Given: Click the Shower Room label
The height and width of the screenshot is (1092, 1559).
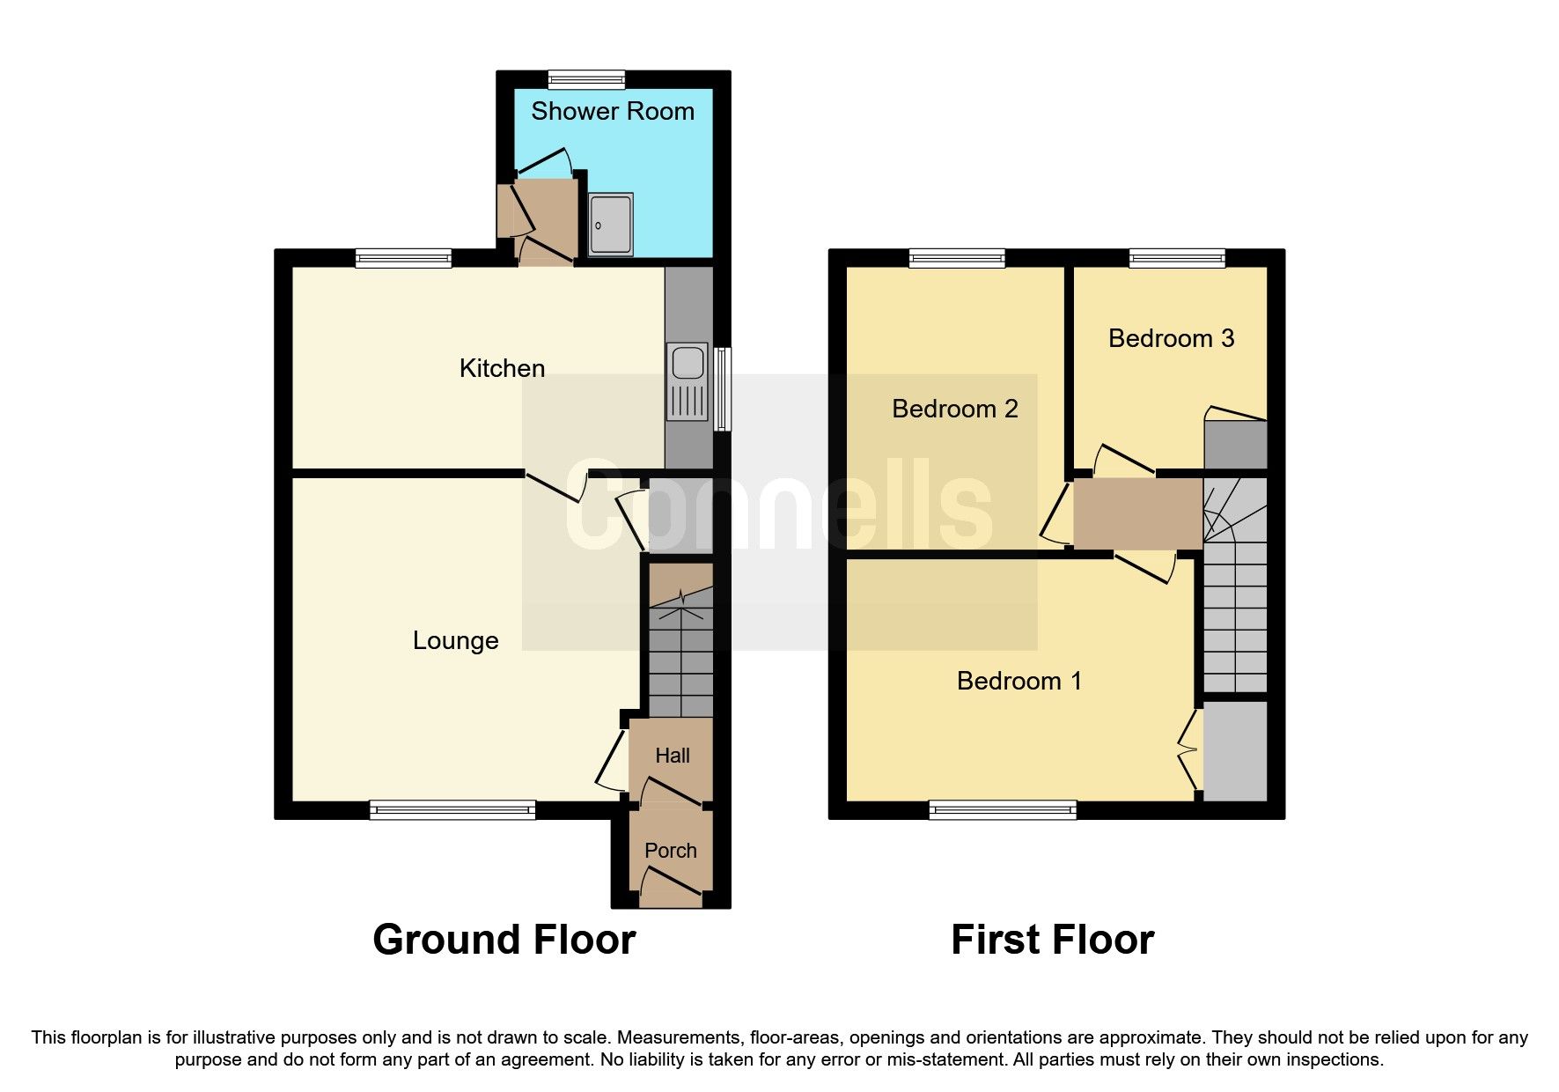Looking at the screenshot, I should (x=612, y=111).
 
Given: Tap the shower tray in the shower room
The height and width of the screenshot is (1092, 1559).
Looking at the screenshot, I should (x=610, y=225).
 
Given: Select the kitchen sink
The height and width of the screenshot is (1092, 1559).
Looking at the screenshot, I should (x=687, y=363).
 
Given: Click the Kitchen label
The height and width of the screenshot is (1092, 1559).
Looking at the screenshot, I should (x=502, y=368).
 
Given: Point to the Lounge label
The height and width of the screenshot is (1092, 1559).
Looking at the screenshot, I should (x=455, y=640).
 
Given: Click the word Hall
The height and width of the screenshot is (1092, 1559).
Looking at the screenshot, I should (x=672, y=756).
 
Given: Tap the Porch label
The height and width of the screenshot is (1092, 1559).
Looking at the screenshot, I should (x=670, y=851).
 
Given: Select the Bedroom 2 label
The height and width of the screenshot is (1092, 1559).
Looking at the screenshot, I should (x=954, y=409).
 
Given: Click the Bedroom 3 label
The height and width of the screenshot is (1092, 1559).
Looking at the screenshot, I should (x=1170, y=338).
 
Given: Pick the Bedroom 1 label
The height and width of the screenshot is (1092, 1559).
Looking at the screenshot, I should (x=1018, y=681).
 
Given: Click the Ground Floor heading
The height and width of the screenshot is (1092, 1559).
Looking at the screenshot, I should (x=504, y=940).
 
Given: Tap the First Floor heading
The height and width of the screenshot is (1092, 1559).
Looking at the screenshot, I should (x=1052, y=940).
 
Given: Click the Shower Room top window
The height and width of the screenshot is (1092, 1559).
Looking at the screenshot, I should (x=586, y=80).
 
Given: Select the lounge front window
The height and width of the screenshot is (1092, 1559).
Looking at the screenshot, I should (x=452, y=809).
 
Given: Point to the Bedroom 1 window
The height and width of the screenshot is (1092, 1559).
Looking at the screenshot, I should (x=1003, y=809).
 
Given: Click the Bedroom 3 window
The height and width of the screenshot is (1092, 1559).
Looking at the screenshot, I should (x=1177, y=258).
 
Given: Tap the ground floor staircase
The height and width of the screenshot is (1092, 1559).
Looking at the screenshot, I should (x=680, y=652).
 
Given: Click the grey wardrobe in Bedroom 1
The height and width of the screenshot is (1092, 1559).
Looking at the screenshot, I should (x=1234, y=750).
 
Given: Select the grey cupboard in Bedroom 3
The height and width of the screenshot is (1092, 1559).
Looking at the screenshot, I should (x=1234, y=445).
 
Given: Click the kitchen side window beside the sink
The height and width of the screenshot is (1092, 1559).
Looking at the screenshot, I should (x=722, y=388).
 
